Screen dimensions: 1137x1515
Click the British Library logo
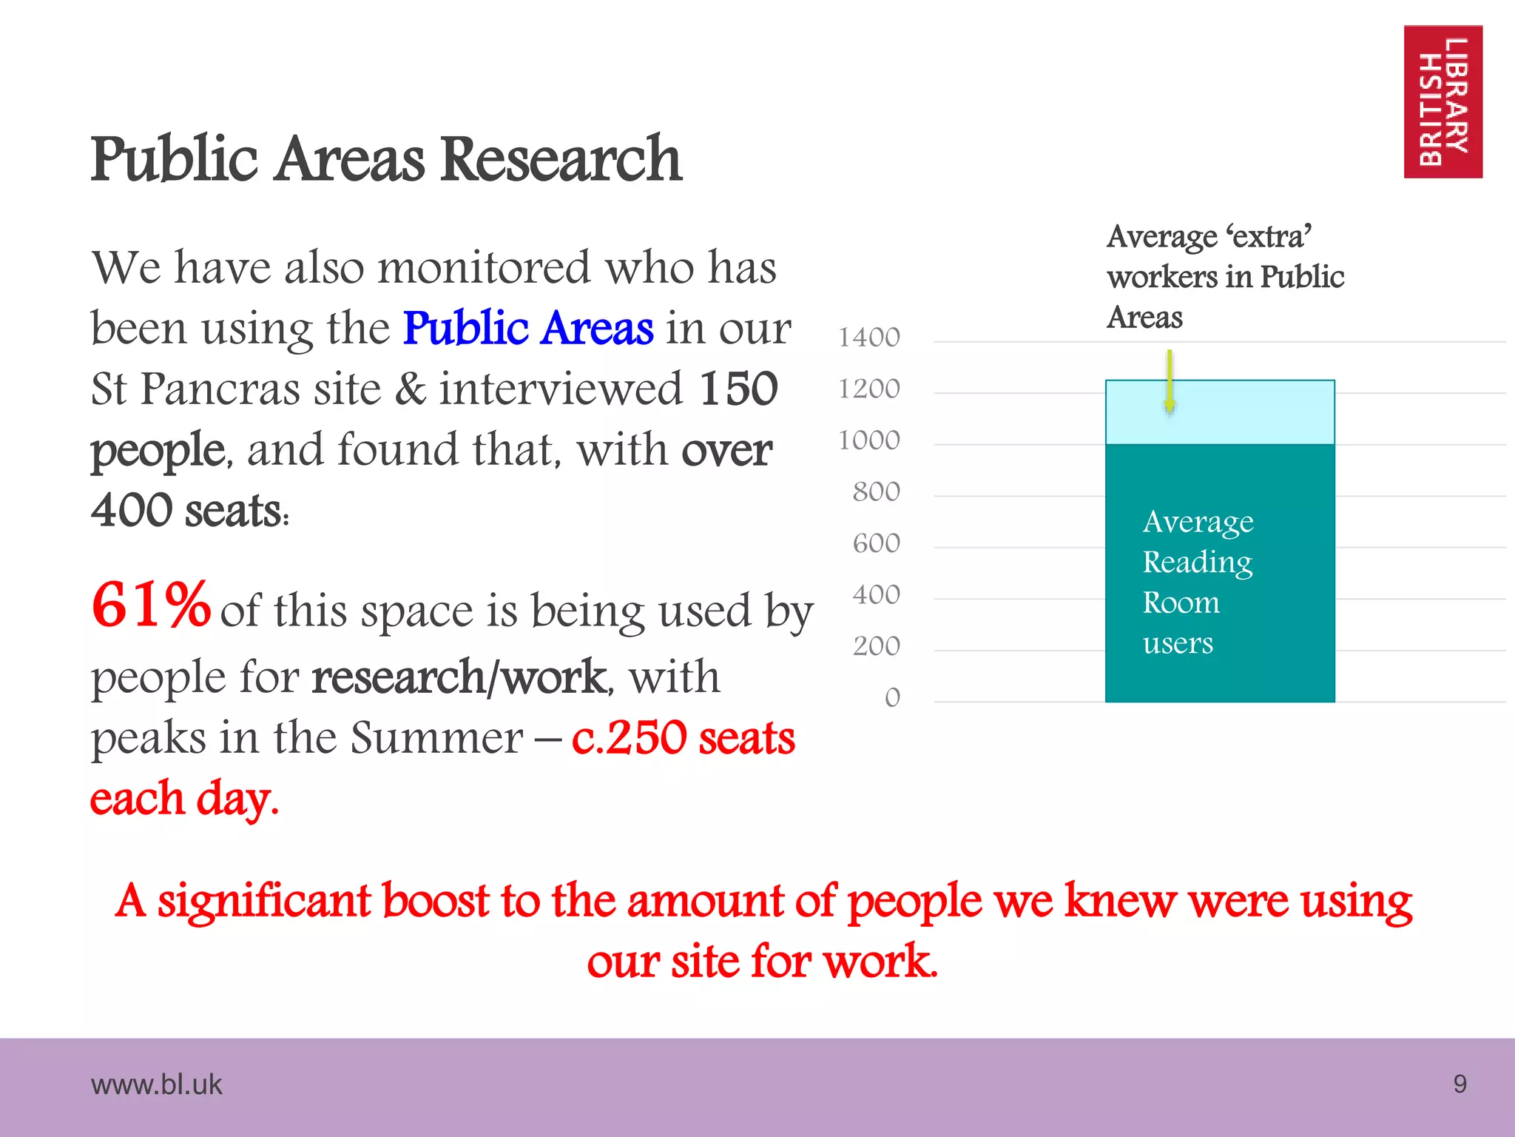pos(1443,101)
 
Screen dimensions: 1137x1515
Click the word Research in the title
pos(561,159)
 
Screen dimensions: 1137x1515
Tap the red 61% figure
pos(151,606)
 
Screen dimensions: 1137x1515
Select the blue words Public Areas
pos(528,328)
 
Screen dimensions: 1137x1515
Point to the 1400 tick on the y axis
pos(868,338)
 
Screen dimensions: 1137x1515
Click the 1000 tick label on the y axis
pos(868,441)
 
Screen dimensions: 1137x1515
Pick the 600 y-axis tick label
pos(876,544)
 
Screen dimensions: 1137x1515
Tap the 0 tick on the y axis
pos(892,698)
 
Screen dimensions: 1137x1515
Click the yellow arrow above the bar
pos(1170,380)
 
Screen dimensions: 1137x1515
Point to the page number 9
pos(1460,1084)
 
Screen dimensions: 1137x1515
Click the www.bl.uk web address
pos(156,1085)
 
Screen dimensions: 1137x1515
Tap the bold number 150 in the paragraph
pos(738,389)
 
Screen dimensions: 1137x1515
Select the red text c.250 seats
pos(683,738)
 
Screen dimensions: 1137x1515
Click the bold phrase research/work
pos(459,677)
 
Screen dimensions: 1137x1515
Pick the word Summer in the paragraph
pos(436,738)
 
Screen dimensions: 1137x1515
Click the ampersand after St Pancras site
pos(411,389)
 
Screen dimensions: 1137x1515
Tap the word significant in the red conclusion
pos(323,901)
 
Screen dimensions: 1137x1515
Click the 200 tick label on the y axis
pos(876,647)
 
